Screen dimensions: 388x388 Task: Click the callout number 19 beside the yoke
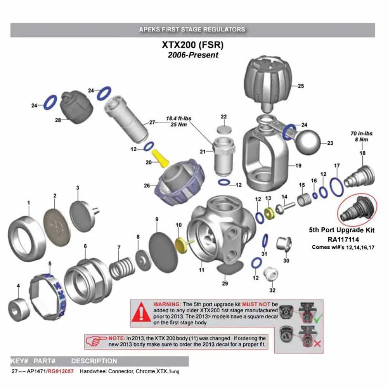pos(298,166)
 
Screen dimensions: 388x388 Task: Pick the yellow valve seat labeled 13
pos(268,213)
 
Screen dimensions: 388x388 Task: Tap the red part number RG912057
pos(62,371)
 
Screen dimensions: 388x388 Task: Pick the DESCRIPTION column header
pos(94,361)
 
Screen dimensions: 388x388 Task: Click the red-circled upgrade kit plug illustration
pos(357,208)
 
